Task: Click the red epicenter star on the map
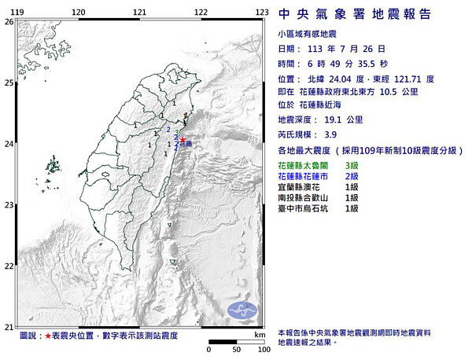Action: [183, 139]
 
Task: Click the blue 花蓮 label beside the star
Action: [186, 145]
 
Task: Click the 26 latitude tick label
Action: [9, 22]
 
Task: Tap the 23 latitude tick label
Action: [9, 205]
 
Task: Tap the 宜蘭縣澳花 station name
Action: [302, 188]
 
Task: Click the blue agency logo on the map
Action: [243, 310]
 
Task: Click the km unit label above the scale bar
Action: [259, 335]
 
